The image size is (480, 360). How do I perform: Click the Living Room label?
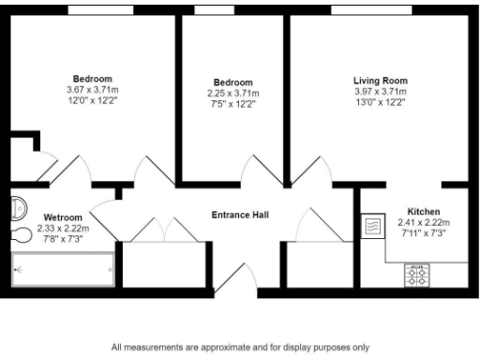pyautogui.click(x=380, y=81)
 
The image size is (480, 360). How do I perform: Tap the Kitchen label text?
pyautogui.click(x=424, y=211)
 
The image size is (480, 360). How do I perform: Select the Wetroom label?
pyautogui.click(x=63, y=217)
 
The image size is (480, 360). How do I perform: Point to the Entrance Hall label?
pyautogui.click(x=240, y=215)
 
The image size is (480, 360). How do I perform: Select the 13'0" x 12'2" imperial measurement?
pyautogui.click(x=380, y=103)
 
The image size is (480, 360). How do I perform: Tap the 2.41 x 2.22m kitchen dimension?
pyautogui.click(x=424, y=222)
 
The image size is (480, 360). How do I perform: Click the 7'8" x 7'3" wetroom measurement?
pyautogui.click(x=63, y=238)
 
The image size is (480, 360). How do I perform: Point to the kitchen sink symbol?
pyautogui.click(x=372, y=226)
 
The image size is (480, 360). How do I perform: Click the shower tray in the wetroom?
pyautogui.click(x=63, y=269)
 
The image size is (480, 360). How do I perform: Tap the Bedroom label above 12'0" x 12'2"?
pyautogui.click(x=93, y=78)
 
